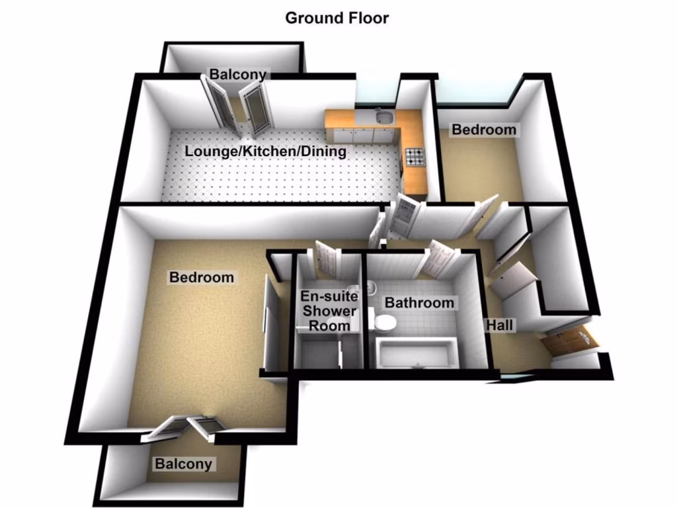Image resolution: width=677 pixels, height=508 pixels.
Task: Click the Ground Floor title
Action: pos(337,18)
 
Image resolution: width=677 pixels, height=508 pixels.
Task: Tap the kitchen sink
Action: pos(382,119)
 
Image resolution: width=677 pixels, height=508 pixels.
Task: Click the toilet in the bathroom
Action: pos(383,323)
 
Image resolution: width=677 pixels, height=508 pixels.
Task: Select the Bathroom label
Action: pos(419,303)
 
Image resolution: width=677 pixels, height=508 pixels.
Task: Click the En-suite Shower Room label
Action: pos(329,310)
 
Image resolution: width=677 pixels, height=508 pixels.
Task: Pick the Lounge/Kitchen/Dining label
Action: pos(265,151)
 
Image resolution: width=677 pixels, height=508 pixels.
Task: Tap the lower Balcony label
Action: pos(184,464)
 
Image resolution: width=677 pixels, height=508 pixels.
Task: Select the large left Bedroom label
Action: pos(202,276)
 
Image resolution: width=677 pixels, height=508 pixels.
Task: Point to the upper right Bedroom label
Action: pos(483,130)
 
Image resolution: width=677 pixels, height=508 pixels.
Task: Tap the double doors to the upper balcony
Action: pos(238,106)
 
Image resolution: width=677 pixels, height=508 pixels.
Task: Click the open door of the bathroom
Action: pos(438,257)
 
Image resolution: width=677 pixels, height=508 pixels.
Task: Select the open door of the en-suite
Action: pos(327,260)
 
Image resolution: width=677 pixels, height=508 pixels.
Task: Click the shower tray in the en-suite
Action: pos(317,351)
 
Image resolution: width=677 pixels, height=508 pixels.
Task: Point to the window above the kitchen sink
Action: pos(377,93)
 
